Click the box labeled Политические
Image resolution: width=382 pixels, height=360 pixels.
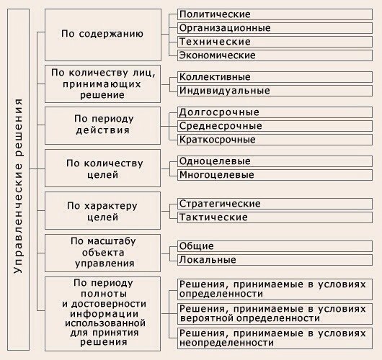tap(275, 14)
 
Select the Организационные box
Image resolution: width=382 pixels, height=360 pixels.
tap(275, 28)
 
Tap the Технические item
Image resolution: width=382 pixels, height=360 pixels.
tap(275, 42)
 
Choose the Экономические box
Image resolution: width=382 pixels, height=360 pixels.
tap(275, 55)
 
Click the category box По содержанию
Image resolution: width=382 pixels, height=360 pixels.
tap(103, 35)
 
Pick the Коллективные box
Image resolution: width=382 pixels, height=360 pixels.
tap(275, 77)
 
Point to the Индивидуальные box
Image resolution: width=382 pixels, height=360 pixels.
tap(275, 91)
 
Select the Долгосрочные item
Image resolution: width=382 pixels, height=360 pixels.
tap(275, 112)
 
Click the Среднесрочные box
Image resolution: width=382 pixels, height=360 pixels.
tap(275, 126)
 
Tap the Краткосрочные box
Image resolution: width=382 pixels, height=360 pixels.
tap(275, 140)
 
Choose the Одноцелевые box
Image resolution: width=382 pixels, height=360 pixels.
tap(275, 161)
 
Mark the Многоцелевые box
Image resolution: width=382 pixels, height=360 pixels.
tap(275, 175)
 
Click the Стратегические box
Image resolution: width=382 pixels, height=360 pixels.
tap(275, 204)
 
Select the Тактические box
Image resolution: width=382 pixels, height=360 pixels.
tap(275, 217)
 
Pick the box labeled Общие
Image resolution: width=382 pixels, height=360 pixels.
tap(275, 246)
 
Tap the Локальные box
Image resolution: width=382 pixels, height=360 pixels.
tap(275, 260)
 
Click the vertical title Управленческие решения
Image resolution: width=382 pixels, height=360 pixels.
tap(18, 186)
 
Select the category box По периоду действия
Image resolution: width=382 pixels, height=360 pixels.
tap(102, 125)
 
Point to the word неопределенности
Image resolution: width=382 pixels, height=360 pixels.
tap(226, 343)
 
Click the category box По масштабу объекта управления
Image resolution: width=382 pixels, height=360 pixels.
tap(102, 253)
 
